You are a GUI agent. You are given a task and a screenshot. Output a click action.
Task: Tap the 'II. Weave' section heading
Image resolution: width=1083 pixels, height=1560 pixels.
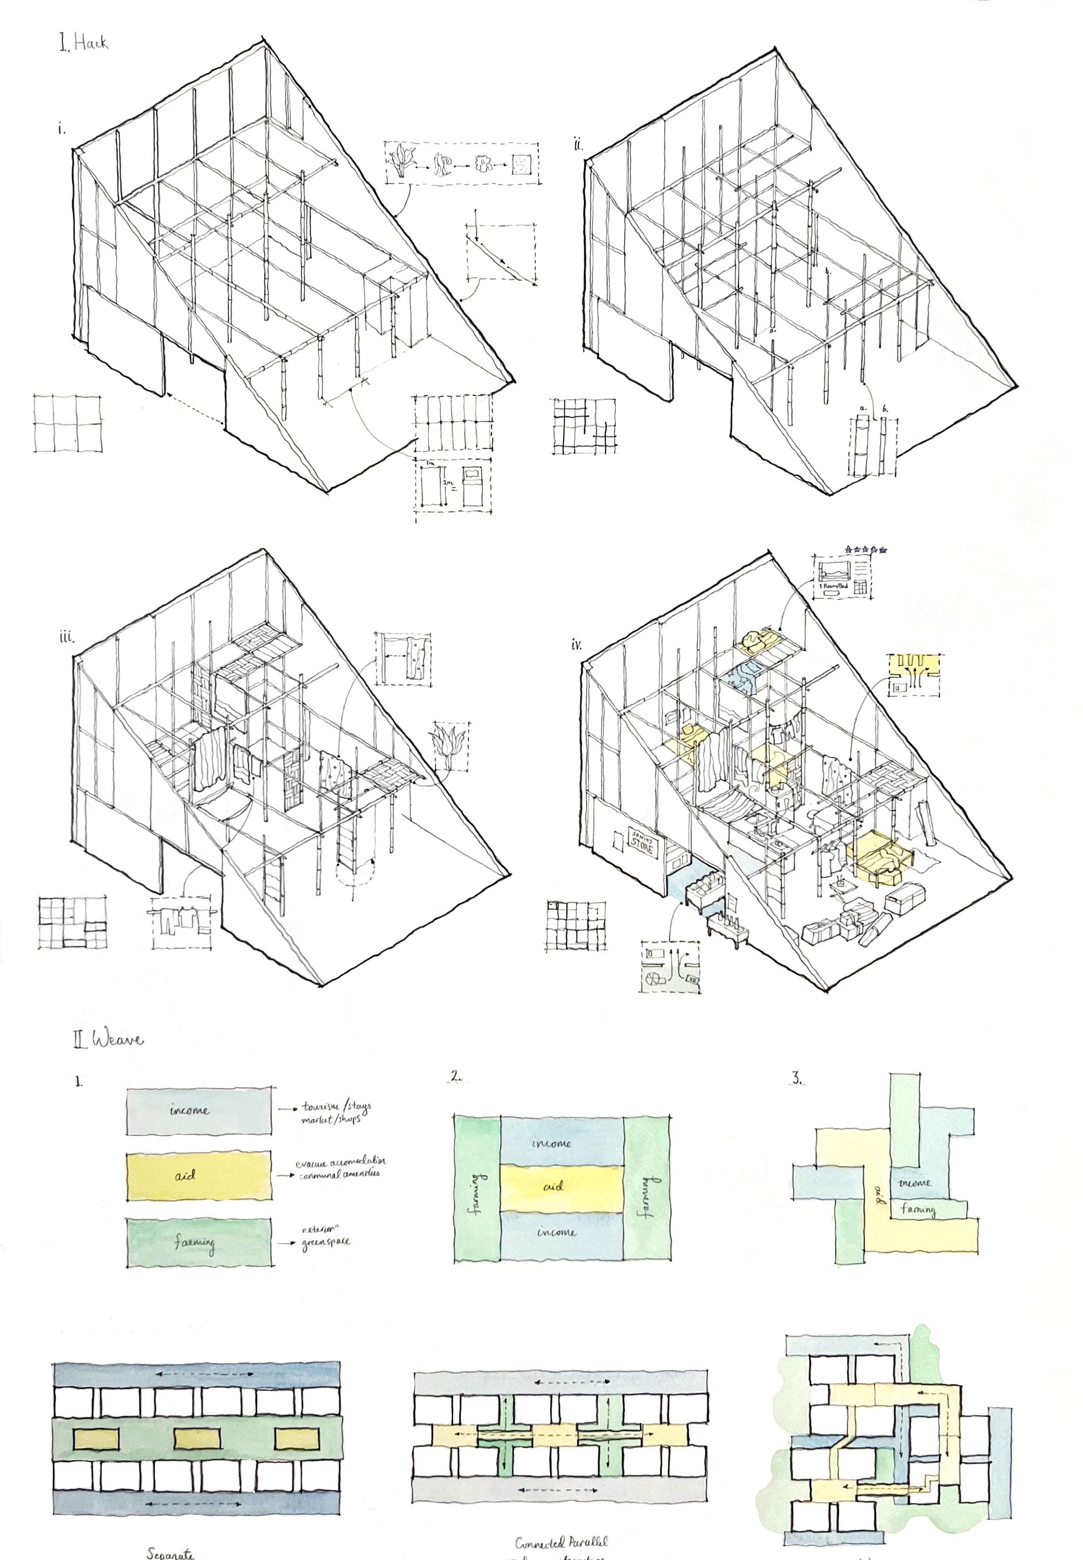point(108,1039)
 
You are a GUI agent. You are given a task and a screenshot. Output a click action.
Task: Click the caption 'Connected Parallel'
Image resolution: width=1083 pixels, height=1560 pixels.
point(560,1542)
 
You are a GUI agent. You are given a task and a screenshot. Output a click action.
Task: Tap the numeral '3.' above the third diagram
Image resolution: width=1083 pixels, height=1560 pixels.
point(798,1077)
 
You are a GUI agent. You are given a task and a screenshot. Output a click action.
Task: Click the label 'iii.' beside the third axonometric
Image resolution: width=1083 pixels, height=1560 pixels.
point(65,637)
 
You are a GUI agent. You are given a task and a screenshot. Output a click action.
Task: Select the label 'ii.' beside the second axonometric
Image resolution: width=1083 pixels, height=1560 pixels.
point(578,145)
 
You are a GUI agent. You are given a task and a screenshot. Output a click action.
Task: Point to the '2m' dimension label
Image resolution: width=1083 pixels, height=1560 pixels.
point(447,482)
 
